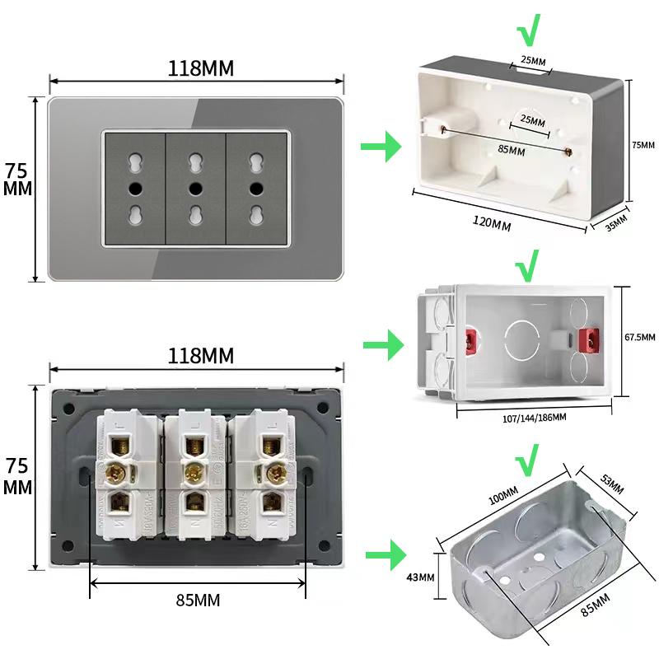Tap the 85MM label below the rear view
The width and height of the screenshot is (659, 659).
198,601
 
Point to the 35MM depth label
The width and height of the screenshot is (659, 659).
616,223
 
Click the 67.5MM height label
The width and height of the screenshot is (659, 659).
639,337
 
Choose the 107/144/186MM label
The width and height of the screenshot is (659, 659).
534,418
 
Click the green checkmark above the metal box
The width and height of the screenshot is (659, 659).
526,456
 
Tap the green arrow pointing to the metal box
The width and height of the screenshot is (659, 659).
383,554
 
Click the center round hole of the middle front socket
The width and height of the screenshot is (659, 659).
195,188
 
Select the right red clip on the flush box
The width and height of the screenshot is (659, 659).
589,339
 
